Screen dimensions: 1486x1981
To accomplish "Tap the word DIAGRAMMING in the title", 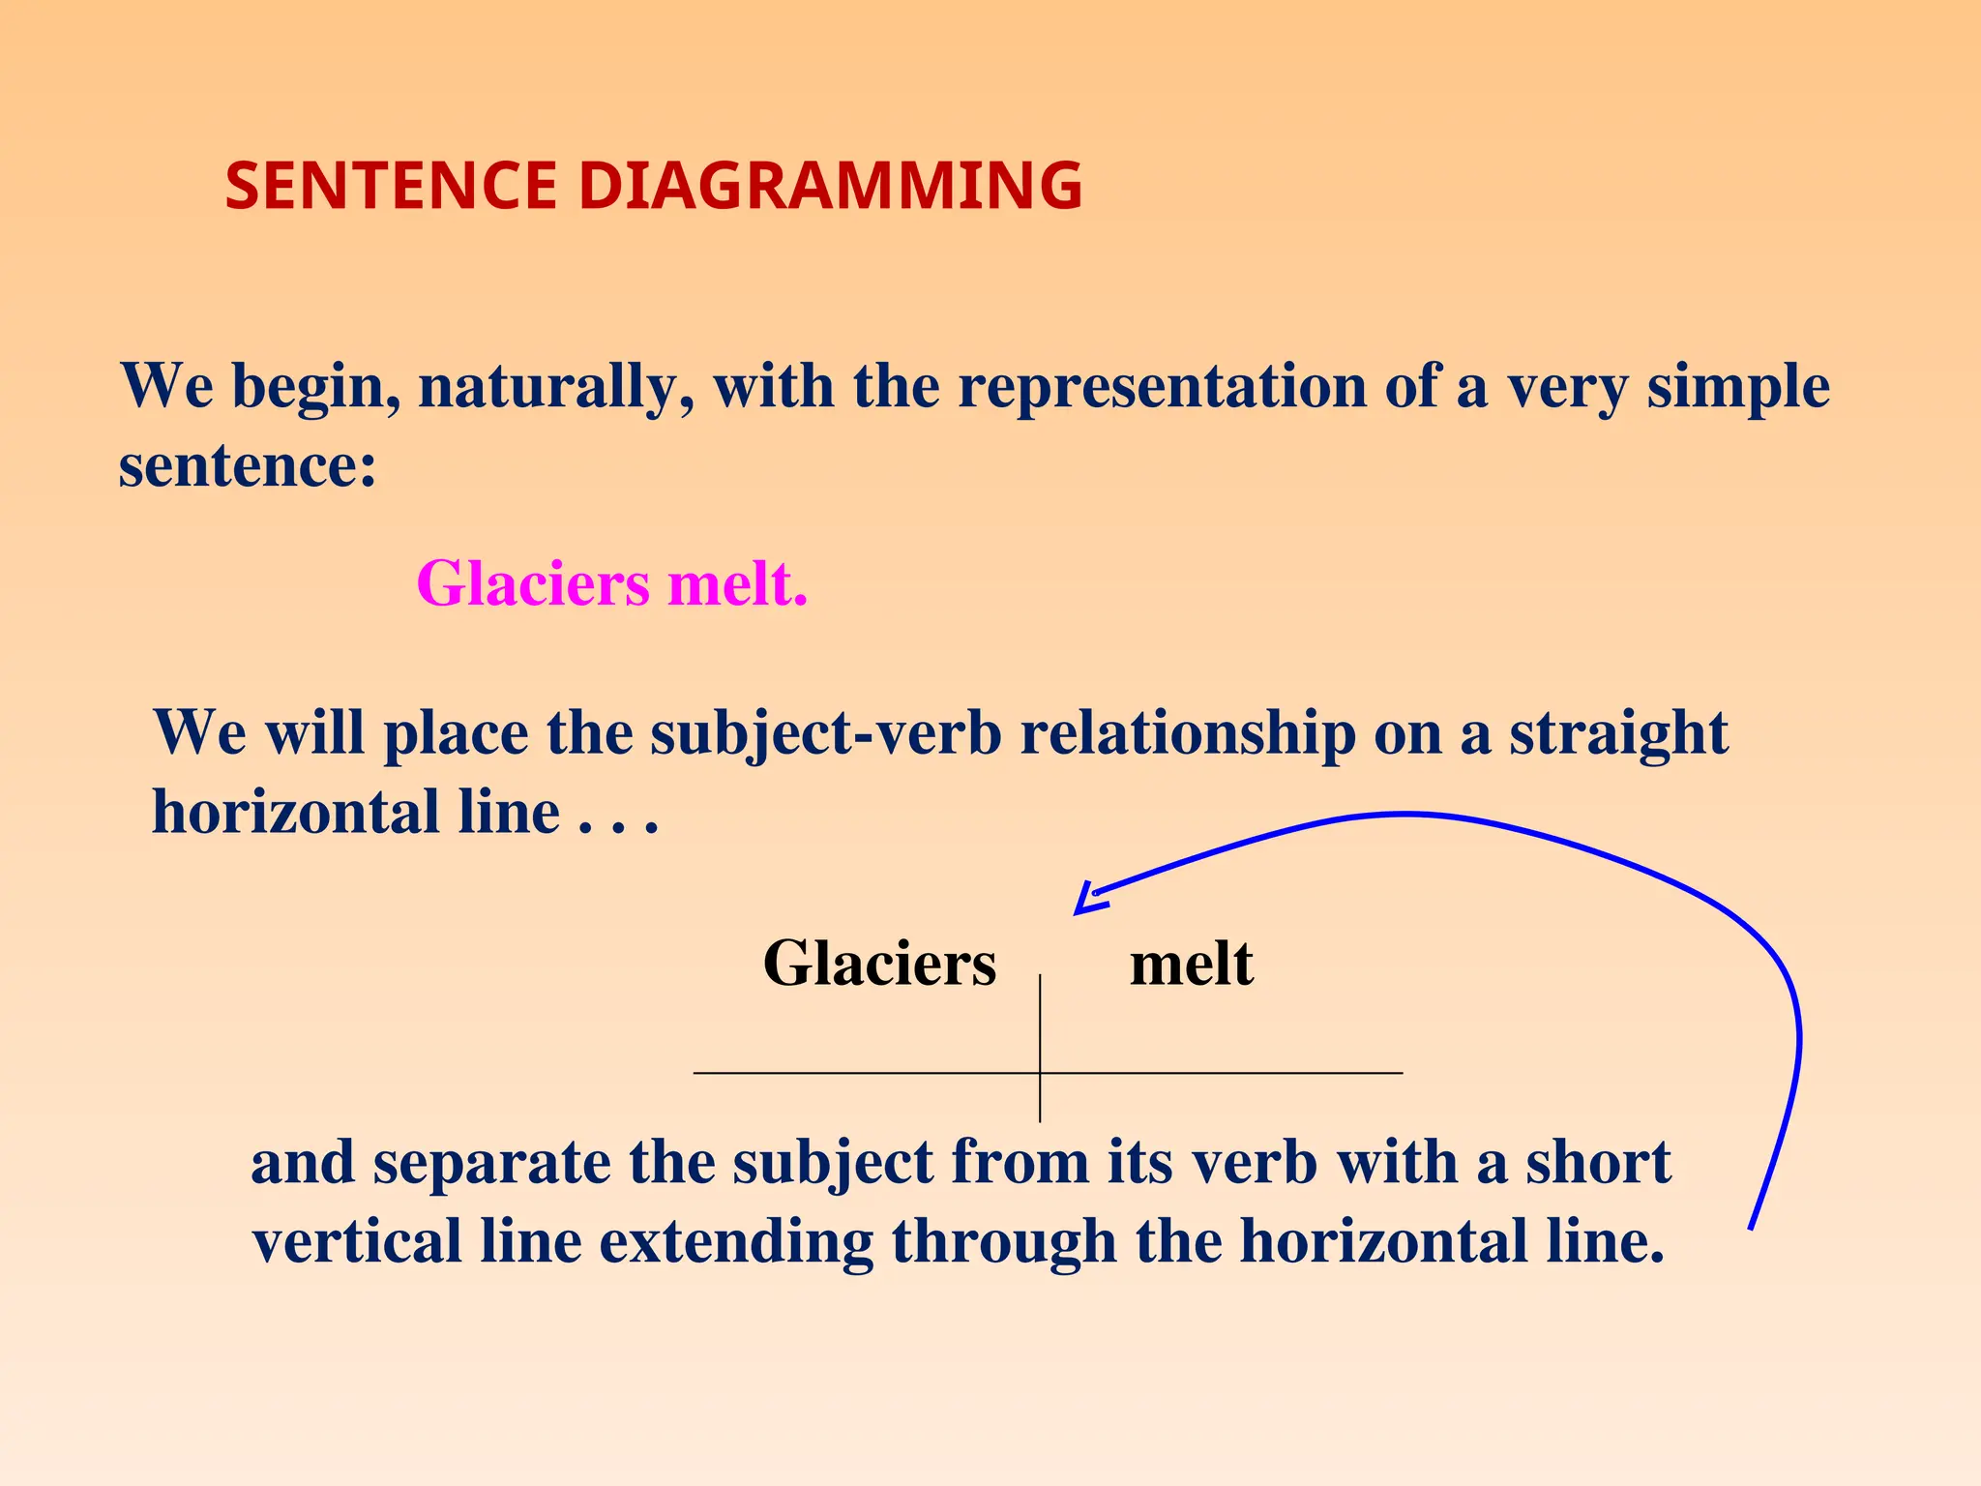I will click(x=830, y=186).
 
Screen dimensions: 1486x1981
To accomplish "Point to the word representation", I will click(x=1162, y=387).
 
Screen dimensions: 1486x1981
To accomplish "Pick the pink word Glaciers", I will click(x=533, y=583).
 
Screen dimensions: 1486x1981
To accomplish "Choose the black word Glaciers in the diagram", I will click(x=879, y=964).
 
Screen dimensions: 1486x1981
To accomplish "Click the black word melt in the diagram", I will click(x=1191, y=964).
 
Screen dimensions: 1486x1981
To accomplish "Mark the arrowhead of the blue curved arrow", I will click(x=1085, y=902).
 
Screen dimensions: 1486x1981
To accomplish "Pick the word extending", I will click(x=736, y=1242).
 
